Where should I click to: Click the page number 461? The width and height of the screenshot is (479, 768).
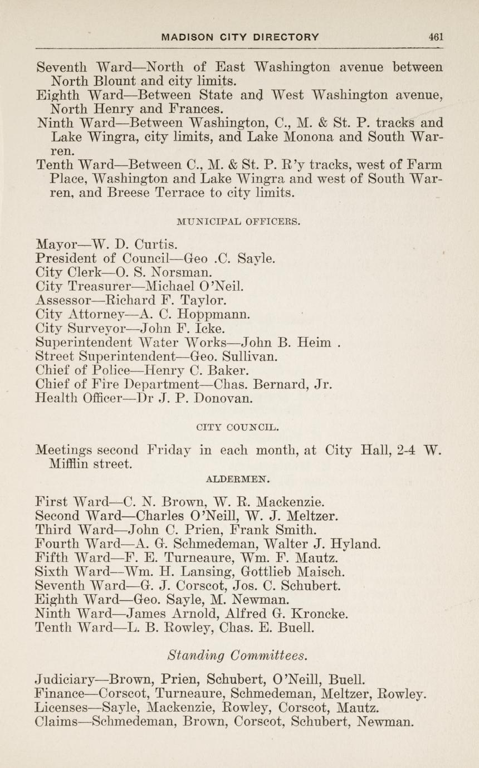click(x=436, y=37)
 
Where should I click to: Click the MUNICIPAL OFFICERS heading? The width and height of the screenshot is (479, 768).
click(x=238, y=222)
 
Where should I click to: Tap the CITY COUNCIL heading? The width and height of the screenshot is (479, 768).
click(x=238, y=428)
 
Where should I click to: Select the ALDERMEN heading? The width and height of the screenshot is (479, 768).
click(x=238, y=478)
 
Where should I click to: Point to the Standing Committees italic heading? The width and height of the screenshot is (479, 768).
click(x=238, y=655)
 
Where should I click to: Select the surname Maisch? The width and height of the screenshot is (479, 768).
click(x=321, y=571)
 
